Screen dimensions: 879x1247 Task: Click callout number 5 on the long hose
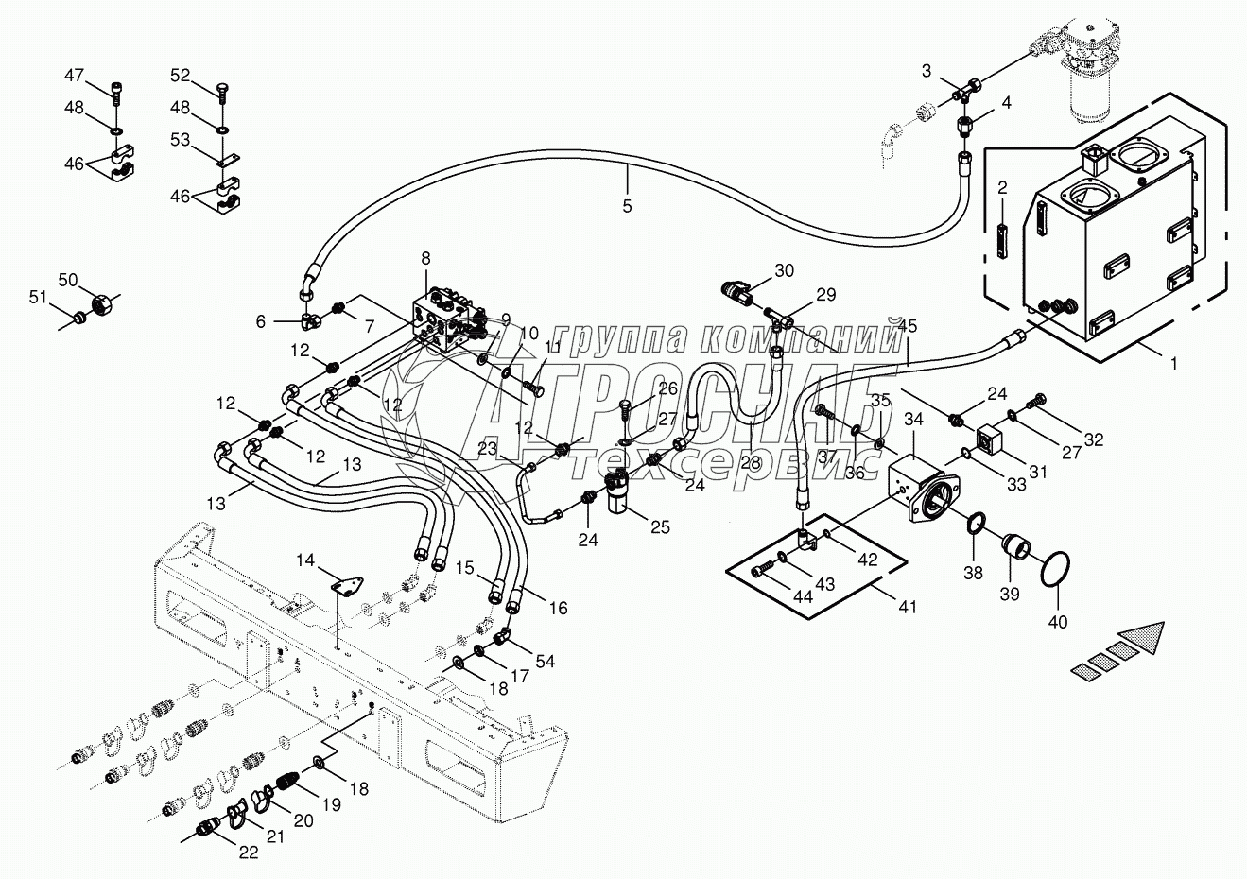click(x=628, y=205)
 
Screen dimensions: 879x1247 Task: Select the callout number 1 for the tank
click(x=1174, y=362)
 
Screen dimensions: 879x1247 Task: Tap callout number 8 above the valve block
click(x=425, y=257)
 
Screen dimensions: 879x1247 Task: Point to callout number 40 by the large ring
click(x=1058, y=622)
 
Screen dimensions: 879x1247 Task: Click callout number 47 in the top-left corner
click(x=74, y=75)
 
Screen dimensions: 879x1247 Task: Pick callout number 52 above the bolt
click(x=181, y=75)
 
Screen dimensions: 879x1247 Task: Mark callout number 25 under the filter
click(x=659, y=526)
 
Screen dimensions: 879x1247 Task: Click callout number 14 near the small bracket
click(x=304, y=560)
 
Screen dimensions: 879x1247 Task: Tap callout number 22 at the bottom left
click(x=248, y=853)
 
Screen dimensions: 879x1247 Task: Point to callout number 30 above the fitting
click(x=784, y=270)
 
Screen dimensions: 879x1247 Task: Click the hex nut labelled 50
click(x=101, y=306)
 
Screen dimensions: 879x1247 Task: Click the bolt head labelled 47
click(x=115, y=91)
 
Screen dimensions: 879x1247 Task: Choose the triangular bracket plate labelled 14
click(x=347, y=587)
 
